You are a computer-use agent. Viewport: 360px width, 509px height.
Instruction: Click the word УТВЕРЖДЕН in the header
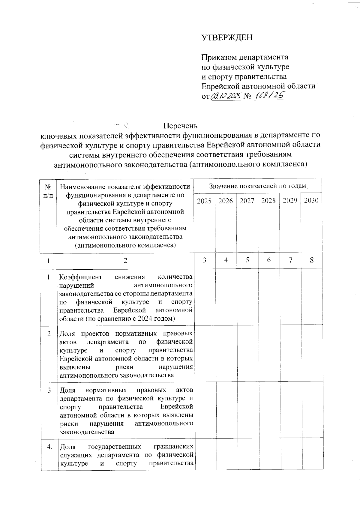click(x=227, y=37)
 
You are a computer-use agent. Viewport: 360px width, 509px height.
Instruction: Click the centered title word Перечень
click(x=180, y=125)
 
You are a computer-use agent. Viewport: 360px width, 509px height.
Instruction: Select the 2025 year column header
click(x=204, y=201)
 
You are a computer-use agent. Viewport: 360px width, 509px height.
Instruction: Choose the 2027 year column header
click(x=247, y=201)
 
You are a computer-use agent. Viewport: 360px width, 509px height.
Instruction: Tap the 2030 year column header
click(x=311, y=201)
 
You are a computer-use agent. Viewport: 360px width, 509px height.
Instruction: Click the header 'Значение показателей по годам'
click(x=257, y=186)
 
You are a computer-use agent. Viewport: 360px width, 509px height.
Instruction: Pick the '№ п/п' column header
click(x=48, y=191)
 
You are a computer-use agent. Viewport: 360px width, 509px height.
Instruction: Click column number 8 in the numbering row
click(x=312, y=260)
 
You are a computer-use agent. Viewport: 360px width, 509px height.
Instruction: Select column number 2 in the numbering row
click(x=125, y=260)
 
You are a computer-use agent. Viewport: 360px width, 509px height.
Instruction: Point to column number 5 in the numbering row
click(x=247, y=260)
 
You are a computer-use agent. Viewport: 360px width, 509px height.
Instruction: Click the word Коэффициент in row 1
click(x=80, y=277)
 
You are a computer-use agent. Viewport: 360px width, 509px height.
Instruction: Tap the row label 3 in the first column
click(x=49, y=390)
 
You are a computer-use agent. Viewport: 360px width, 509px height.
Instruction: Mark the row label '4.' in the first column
click(x=49, y=447)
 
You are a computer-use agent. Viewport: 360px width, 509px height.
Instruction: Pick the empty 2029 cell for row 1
click(x=290, y=296)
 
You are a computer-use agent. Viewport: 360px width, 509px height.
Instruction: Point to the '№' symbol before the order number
click(x=247, y=96)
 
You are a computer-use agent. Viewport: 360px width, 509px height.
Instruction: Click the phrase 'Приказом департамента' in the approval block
click(x=244, y=57)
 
